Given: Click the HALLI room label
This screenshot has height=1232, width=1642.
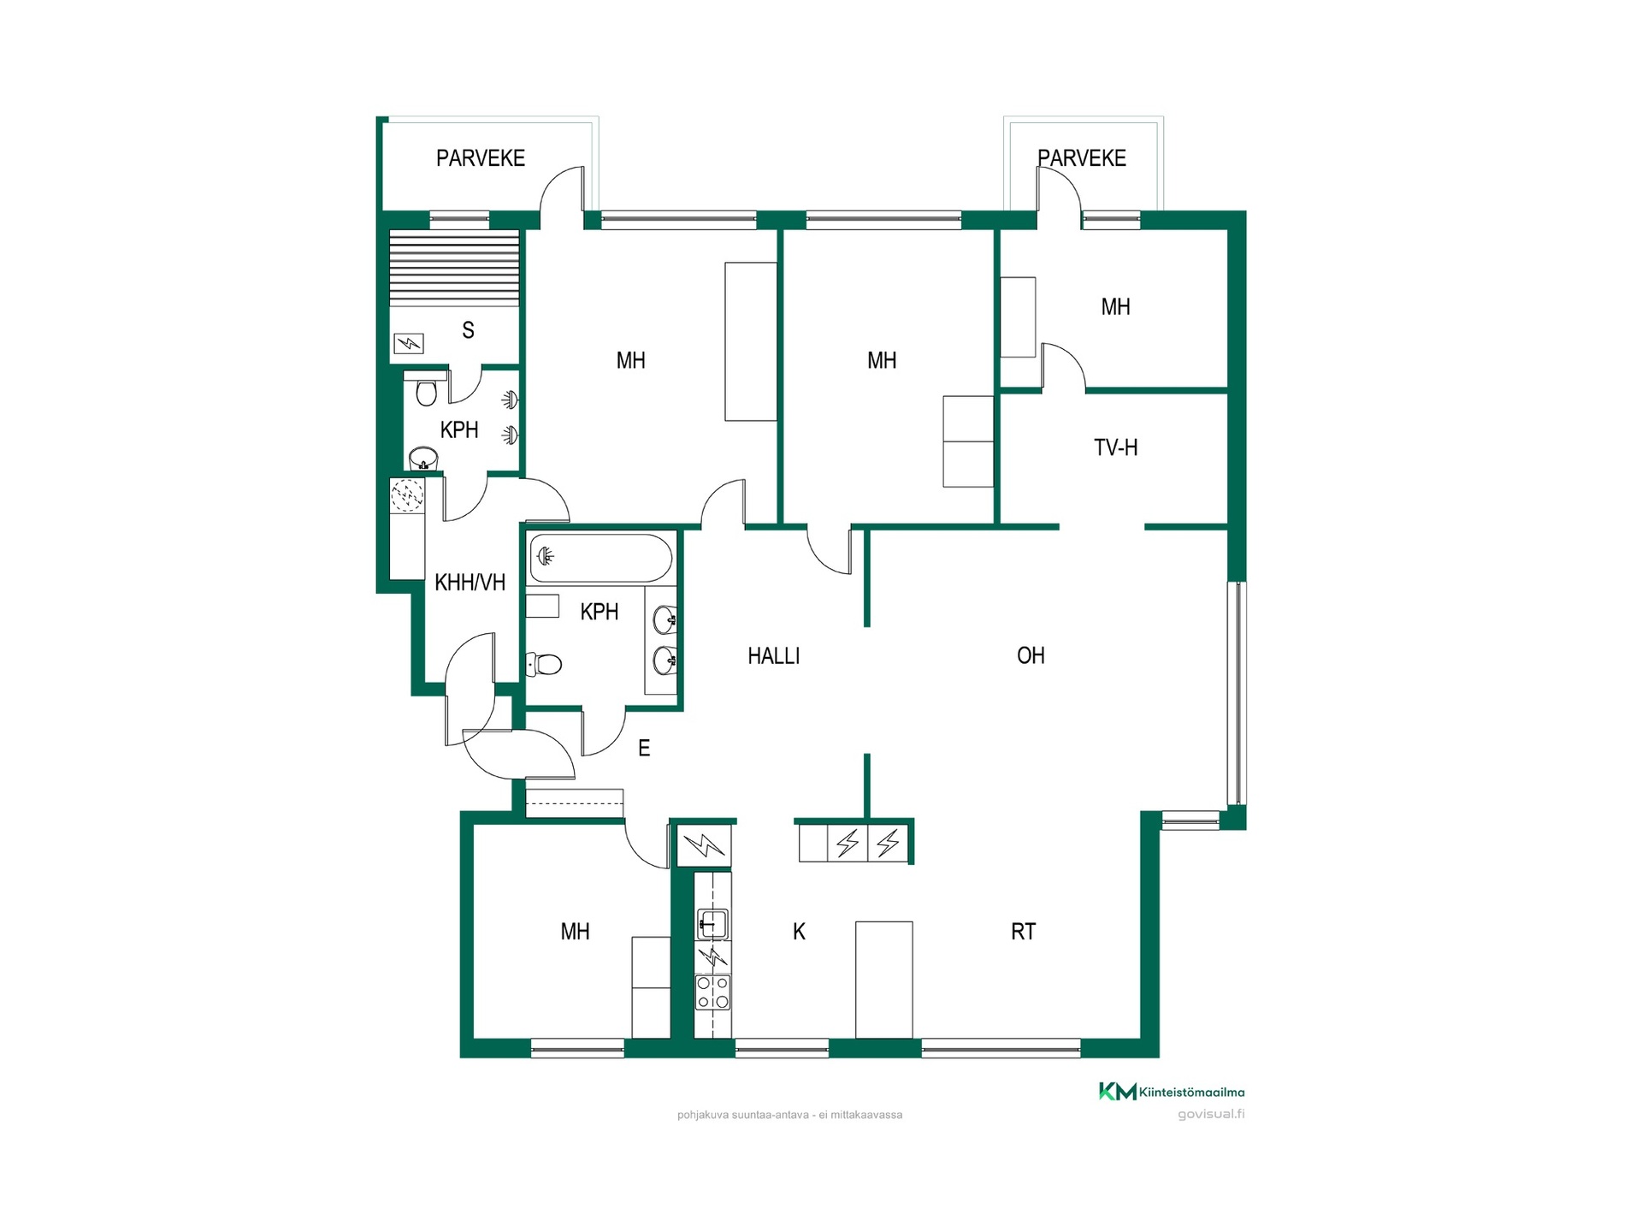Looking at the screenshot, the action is point(773,656).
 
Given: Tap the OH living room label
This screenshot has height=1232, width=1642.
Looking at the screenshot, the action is point(1031,655).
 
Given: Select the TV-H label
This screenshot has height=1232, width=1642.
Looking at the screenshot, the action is point(1115,447).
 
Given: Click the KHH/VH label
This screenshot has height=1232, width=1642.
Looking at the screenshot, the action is point(470,583).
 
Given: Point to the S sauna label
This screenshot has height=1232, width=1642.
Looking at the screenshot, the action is point(468,330).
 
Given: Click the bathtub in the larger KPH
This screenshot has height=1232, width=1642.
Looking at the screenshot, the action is point(600,558).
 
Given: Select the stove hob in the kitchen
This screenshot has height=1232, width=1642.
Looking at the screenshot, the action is point(712,992).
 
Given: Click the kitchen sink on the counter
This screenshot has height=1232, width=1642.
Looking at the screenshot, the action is point(712,924).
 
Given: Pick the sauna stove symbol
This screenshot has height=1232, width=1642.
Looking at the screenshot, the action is point(409,344).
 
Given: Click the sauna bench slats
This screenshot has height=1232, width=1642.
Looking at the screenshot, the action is point(454,268).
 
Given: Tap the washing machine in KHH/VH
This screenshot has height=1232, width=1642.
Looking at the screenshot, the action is point(407,495).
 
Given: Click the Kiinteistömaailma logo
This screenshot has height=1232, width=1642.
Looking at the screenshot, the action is point(1172,1092).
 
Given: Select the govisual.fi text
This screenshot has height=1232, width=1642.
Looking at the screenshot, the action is point(1211,1114).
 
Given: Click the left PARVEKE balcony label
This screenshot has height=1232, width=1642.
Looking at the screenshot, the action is point(481,158).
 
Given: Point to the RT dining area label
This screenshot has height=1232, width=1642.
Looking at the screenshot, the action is point(1023,932).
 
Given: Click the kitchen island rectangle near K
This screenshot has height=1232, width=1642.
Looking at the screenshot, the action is point(884,980).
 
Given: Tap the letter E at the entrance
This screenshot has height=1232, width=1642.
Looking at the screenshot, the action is point(644,749).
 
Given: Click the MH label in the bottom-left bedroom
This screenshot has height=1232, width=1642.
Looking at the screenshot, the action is point(575,932).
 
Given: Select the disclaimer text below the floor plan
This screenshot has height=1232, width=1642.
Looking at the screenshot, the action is point(789,1115).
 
